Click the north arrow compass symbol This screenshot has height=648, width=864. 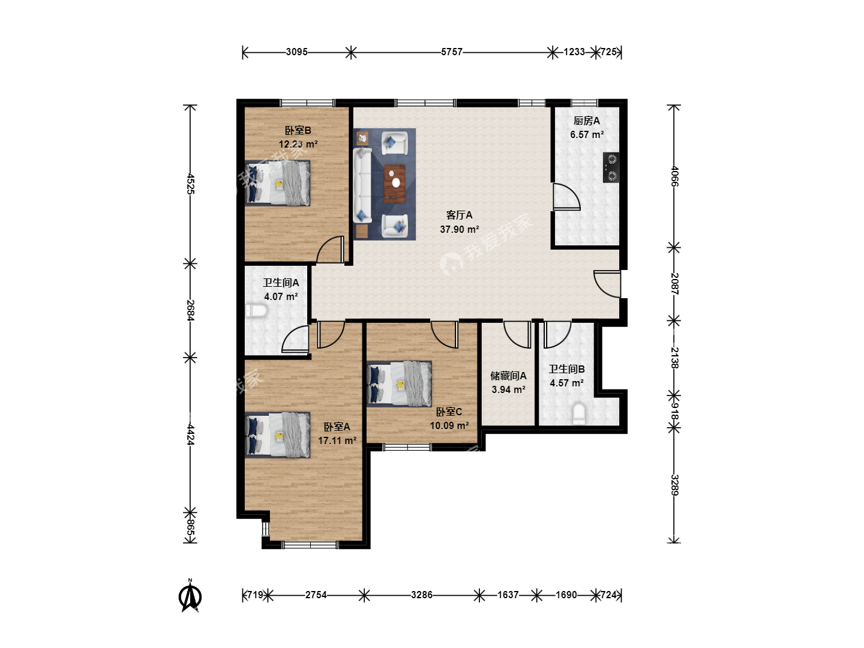(x=190, y=596)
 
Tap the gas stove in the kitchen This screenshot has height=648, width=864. (x=611, y=167)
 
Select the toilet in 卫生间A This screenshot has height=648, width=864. (x=256, y=311)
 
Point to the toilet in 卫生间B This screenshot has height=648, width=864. (x=578, y=413)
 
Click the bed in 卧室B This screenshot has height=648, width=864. (x=278, y=184)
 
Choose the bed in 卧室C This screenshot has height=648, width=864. (x=399, y=384)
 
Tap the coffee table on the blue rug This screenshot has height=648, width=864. (x=394, y=184)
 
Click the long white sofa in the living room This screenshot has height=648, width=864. (x=362, y=185)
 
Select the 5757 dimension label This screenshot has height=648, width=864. (x=451, y=52)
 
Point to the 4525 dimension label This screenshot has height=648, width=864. (x=190, y=184)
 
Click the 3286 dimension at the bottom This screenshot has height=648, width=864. (x=422, y=595)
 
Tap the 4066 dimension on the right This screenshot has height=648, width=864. (x=674, y=176)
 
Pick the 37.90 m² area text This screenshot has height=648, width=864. (x=460, y=229)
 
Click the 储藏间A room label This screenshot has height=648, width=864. (x=508, y=376)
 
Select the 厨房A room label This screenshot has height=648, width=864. (x=586, y=121)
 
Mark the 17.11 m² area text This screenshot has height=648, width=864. (x=337, y=440)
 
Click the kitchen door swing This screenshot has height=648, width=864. (x=566, y=197)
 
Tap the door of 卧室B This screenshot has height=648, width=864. (x=331, y=250)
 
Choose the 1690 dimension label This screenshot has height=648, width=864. (x=566, y=595)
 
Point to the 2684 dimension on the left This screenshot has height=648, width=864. (x=190, y=310)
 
